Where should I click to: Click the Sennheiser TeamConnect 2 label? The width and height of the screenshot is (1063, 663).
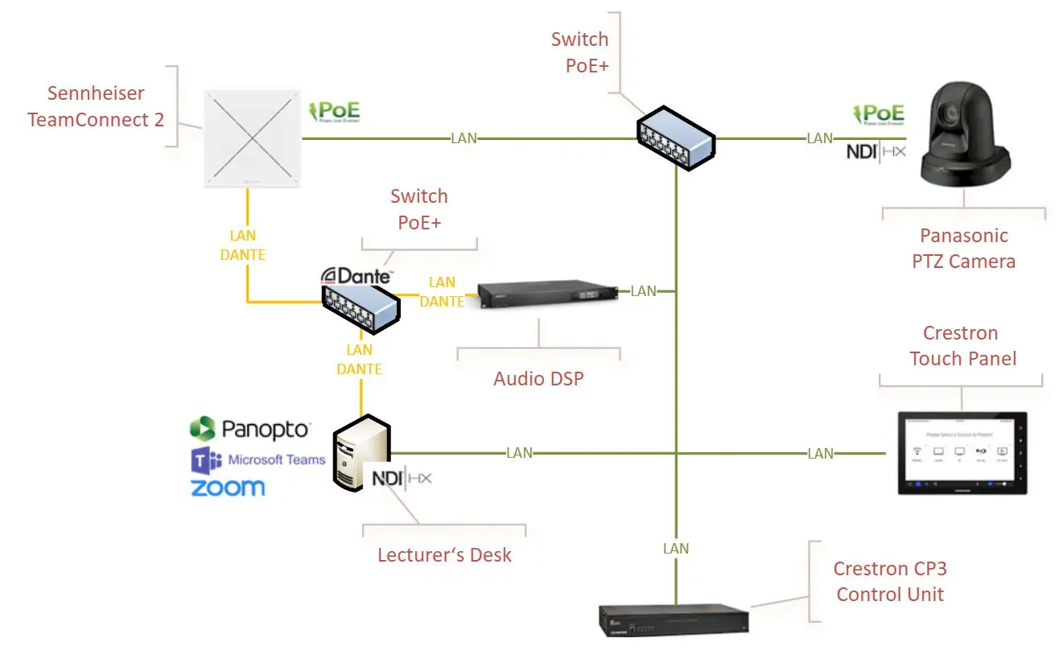click(96, 106)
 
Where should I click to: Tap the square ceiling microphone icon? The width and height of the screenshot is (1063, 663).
click(253, 138)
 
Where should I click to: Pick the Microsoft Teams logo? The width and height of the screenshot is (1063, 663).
click(258, 460)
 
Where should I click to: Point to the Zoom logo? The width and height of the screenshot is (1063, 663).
click(228, 488)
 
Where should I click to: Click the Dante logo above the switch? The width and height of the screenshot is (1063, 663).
click(356, 277)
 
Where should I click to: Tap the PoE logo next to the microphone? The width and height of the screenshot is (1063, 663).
click(335, 112)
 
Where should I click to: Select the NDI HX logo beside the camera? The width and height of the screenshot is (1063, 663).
click(876, 150)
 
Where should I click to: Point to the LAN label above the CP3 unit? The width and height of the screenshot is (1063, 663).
click(676, 549)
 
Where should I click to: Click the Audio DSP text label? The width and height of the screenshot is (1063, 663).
click(538, 378)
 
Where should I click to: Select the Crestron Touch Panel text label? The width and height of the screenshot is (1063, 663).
click(961, 346)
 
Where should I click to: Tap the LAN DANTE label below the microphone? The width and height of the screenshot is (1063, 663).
click(243, 245)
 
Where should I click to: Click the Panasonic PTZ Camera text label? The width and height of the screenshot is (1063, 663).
click(964, 249)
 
